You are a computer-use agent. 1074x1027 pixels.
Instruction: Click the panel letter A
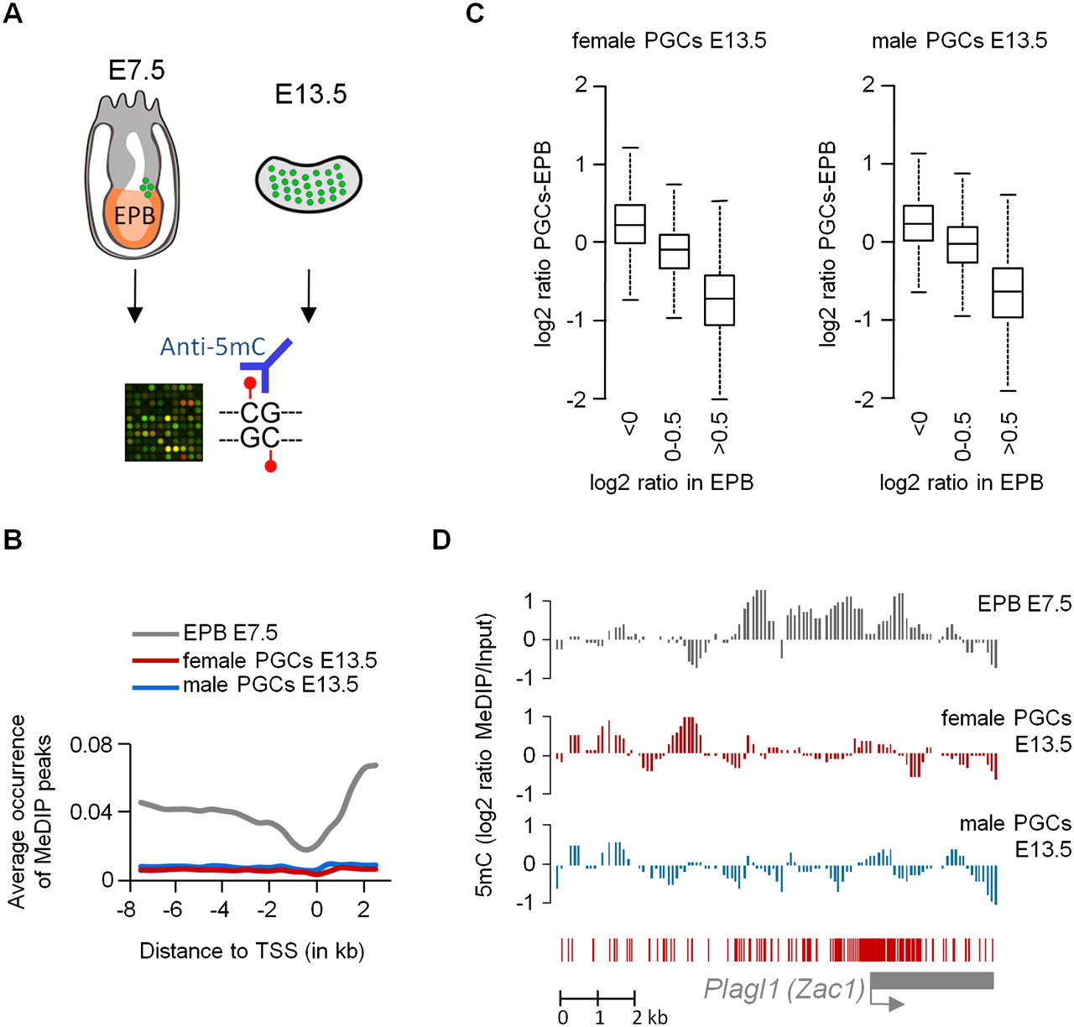tap(13, 14)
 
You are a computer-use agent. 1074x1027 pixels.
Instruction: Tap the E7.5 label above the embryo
tap(137, 70)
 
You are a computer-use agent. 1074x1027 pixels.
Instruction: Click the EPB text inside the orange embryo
tap(134, 216)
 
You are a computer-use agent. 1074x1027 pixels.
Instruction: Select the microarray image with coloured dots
tap(164, 422)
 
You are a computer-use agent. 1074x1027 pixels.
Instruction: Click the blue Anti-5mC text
tap(212, 347)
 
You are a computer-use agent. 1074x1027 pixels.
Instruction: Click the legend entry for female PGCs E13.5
tap(279, 660)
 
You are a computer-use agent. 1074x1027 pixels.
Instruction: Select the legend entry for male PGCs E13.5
tap(270, 685)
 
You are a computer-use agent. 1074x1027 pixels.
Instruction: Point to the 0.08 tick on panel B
tap(91, 745)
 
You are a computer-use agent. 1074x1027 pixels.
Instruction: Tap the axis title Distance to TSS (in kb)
tap(252, 951)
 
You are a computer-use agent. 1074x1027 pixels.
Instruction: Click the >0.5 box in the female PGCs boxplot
tap(720, 300)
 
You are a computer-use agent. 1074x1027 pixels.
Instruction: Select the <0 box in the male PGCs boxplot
tap(918, 223)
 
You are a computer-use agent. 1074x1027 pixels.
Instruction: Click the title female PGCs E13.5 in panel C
tap(669, 40)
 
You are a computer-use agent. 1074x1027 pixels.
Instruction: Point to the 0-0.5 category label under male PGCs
tap(963, 435)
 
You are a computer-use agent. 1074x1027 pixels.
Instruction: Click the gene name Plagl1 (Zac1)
tap(784, 989)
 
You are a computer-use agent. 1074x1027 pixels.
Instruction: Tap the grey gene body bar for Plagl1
tap(931, 980)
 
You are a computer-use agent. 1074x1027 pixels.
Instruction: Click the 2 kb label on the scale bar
tap(650, 1017)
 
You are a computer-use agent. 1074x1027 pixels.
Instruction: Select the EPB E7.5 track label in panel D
tap(1024, 603)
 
